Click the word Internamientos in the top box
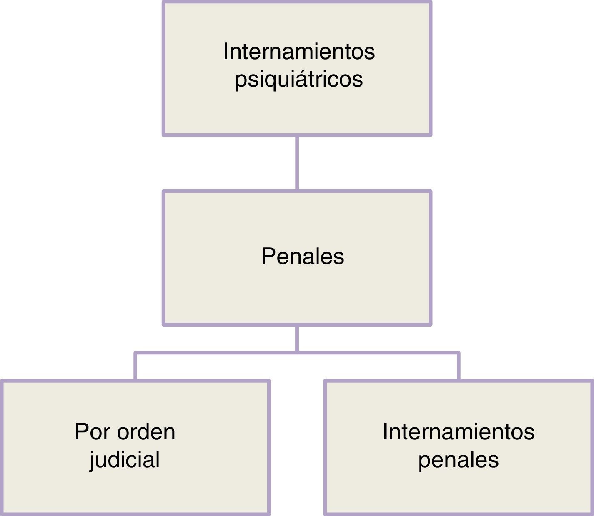click(299, 52)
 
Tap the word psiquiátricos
click(299, 79)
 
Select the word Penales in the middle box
click(303, 256)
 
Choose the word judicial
click(125, 460)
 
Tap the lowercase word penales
click(459, 460)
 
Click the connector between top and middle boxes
click(297, 163)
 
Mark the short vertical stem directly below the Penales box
click(297, 338)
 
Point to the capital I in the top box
click(226, 52)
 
